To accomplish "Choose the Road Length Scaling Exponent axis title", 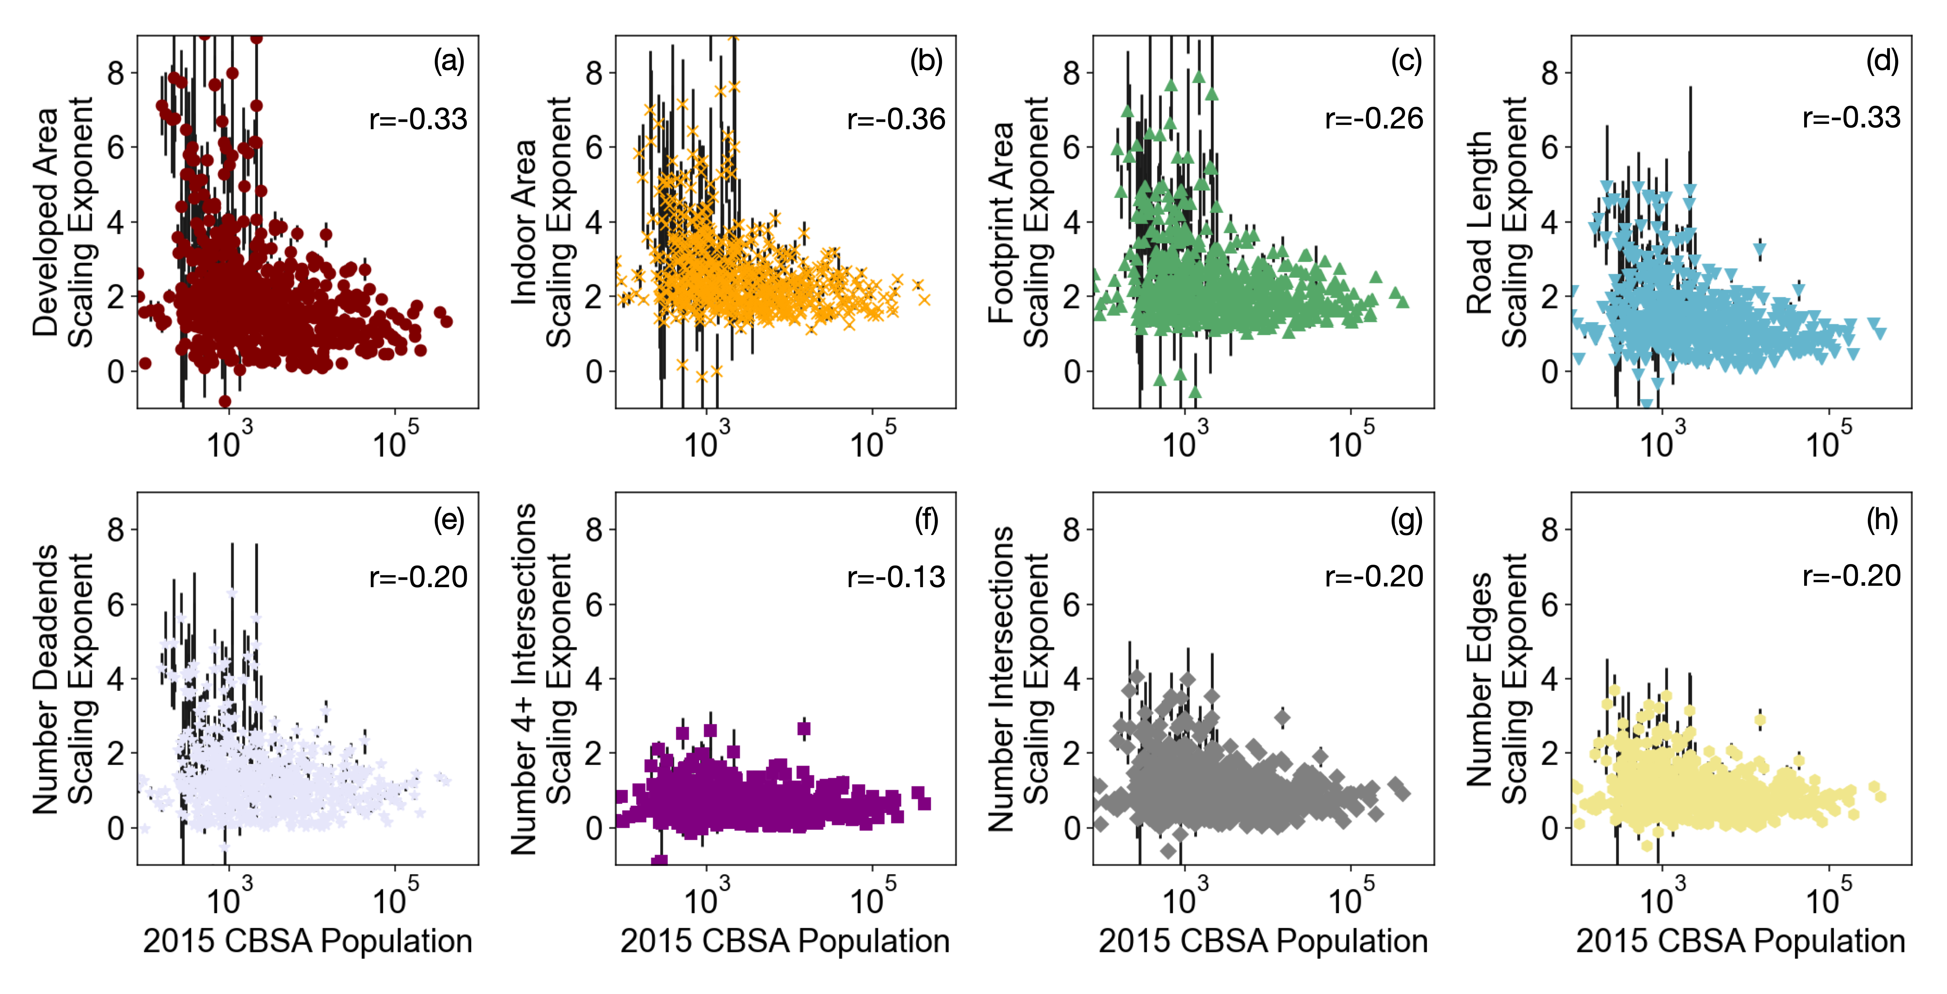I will click(x=1496, y=222).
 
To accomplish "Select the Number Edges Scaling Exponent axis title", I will click(x=1496, y=678).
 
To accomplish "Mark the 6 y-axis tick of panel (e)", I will click(x=116, y=605).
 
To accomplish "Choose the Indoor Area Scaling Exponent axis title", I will click(x=541, y=222).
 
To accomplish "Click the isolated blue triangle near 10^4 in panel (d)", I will click(x=1760, y=249).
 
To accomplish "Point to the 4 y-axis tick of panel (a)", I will click(x=116, y=222).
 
